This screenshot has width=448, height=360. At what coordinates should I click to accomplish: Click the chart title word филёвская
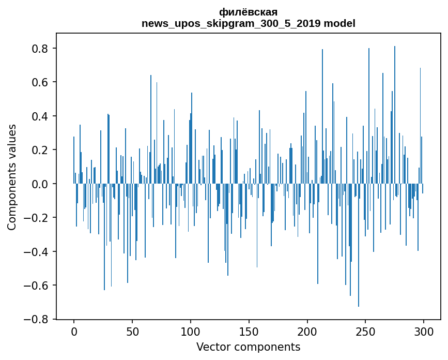tap(248, 12)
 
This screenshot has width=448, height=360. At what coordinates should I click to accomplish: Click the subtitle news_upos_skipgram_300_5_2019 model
tap(248, 23)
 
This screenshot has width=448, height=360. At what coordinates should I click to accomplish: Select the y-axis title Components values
tap(12, 177)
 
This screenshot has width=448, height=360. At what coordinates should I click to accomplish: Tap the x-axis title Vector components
tap(248, 347)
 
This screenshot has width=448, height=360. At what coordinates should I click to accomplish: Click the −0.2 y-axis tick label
tap(37, 218)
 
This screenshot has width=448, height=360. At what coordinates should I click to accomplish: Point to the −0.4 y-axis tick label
tap(37, 252)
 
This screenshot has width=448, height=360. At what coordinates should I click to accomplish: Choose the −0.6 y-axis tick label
tap(37, 286)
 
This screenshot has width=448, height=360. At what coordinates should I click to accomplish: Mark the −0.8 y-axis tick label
tap(37, 319)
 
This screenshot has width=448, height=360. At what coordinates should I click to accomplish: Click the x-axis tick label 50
tap(132, 331)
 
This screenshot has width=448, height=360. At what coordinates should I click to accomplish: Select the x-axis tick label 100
tap(191, 331)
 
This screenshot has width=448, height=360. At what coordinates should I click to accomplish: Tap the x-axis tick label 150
tap(249, 331)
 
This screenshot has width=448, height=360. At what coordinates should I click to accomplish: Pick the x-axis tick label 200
tap(307, 331)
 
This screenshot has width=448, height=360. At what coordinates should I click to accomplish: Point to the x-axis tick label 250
tap(365, 331)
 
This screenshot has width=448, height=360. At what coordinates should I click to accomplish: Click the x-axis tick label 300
tap(424, 331)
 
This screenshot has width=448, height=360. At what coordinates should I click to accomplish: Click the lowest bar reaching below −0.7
tap(359, 290)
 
